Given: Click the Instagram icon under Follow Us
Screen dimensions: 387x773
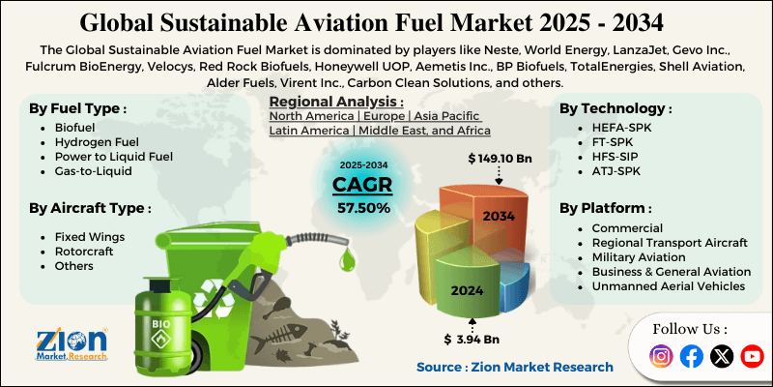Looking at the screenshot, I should [x=661, y=356].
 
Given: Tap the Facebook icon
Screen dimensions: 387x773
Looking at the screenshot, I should [x=691, y=356].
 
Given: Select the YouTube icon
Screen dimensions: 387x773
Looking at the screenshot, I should [x=752, y=356].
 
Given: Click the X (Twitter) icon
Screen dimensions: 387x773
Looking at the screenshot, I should [x=722, y=356].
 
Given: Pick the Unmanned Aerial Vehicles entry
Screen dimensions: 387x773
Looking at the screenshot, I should [x=669, y=285].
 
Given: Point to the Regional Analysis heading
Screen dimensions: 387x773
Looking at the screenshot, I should [x=335, y=102].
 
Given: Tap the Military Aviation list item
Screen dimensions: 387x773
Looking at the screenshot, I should [x=639, y=256].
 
